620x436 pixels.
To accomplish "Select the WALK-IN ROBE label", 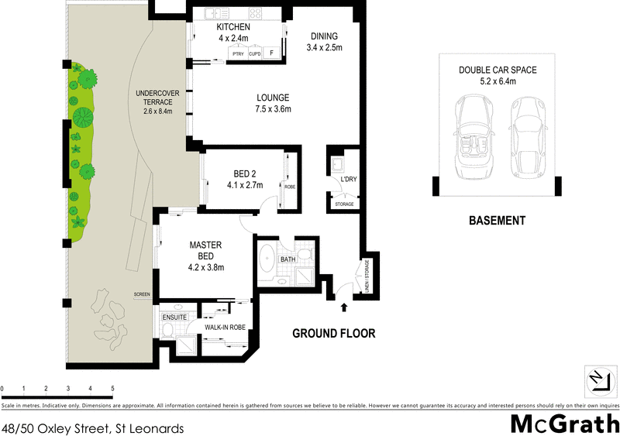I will tap(225, 328).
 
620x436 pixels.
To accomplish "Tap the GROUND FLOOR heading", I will tap(333, 334).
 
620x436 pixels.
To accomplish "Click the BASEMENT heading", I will tap(497, 220).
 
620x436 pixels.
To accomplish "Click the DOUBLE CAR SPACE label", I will tap(497, 70).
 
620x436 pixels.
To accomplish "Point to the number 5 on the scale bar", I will tap(112, 387).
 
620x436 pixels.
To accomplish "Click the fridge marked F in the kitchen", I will tap(270, 53).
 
